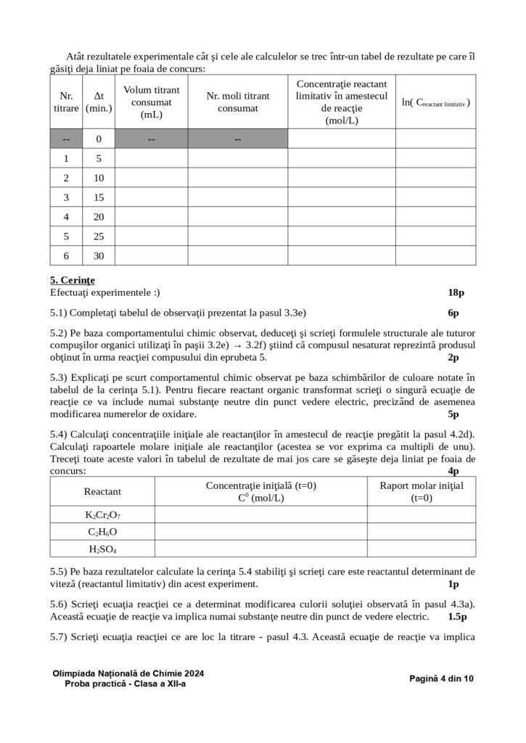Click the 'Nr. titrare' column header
pyautogui.click(x=66, y=102)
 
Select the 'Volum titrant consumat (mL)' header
pyautogui.click(x=151, y=102)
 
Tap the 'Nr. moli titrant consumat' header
pyautogui.click(x=237, y=102)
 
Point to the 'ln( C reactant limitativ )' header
pyautogui.click(x=435, y=102)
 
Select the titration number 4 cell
pyautogui.click(x=66, y=217)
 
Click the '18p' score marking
pyautogui.click(x=456, y=292)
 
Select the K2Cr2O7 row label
pyautogui.click(x=102, y=514)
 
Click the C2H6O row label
pyautogui.click(x=102, y=532)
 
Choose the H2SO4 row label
pyautogui.click(x=102, y=549)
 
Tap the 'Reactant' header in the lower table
pyautogui.click(x=102, y=491)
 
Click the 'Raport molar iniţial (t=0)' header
pyautogui.click(x=421, y=491)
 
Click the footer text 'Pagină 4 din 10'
pyautogui.click(x=441, y=678)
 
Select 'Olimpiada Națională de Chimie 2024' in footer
pyautogui.click(x=128, y=673)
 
